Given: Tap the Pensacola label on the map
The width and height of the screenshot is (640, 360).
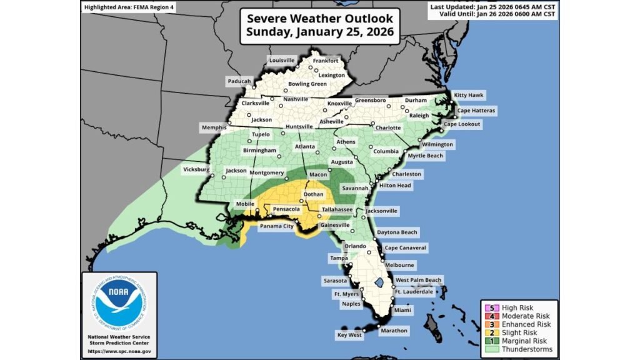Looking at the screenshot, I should [x=287, y=209].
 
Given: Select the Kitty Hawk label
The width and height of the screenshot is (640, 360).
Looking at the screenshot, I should [x=469, y=95].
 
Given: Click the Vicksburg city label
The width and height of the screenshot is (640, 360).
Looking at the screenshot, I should [x=198, y=169].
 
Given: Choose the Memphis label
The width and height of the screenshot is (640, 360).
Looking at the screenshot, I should [x=213, y=127].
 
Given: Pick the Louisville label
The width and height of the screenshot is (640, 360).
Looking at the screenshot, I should [x=282, y=60].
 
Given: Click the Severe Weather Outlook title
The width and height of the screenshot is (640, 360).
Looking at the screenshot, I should [x=320, y=25].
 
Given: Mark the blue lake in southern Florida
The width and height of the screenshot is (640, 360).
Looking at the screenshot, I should [x=378, y=284].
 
